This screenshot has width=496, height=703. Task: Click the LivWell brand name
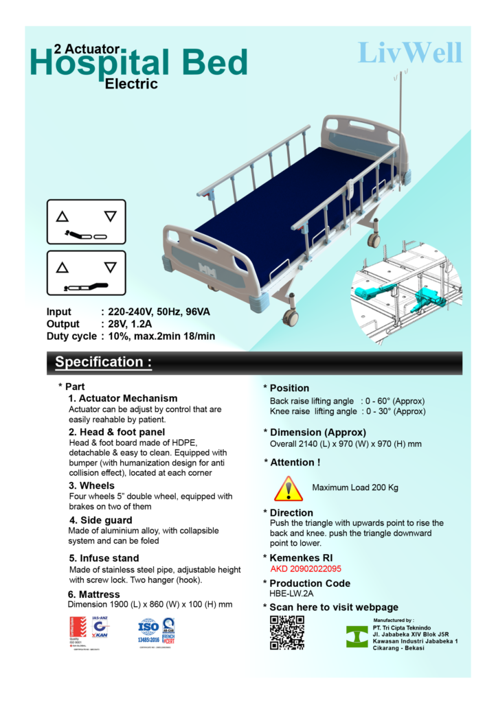click(x=410, y=53)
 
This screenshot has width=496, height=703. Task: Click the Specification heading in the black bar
click(x=103, y=362)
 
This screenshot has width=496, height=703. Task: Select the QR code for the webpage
click(x=286, y=632)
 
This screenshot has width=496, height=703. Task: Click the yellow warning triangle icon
click(x=289, y=489)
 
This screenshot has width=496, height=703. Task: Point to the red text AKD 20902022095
click(x=306, y=568)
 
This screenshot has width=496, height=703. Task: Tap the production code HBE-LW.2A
click(x=291, y=593)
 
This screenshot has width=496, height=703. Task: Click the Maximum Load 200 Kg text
click(x=354, y=488)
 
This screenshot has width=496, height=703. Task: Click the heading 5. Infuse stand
click(x=104, y=558)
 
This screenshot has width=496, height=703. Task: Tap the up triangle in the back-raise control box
click(x=63, y=216)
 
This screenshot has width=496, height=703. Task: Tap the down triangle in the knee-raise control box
click(x=110, y=267)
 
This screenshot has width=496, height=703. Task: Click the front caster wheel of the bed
click(x=291, y=317)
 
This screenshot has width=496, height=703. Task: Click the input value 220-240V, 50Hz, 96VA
click(x=155, y=312)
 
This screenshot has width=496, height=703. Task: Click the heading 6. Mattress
click(x=93, y=594)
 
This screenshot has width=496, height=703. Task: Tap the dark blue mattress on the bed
click(x=275, y=206)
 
